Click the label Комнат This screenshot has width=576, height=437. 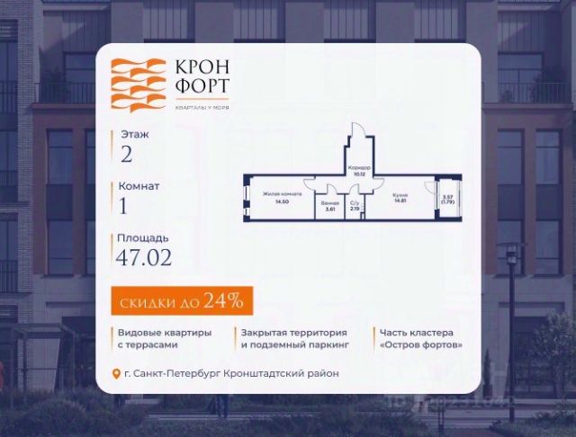[139, 186]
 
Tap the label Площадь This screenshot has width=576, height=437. [142, 239]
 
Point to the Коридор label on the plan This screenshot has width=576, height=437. [359, 167]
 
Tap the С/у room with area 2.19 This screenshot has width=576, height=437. [354, 205]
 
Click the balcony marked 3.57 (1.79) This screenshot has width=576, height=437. [446, 200]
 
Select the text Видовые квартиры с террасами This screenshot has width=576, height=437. [165, 338]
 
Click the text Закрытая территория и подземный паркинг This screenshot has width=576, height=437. [294, 338]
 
